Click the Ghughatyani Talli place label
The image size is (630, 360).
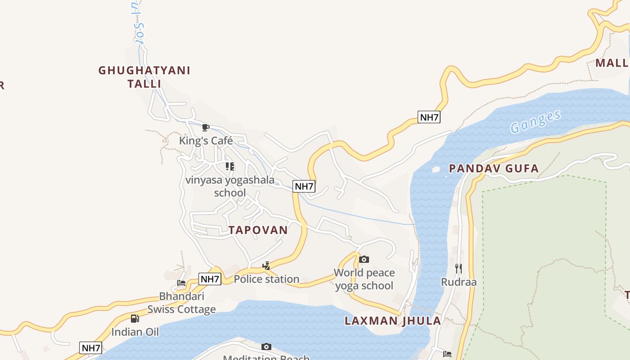pos(144,77)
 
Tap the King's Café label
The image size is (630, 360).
pos(206,140)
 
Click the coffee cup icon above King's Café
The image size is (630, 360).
pos(206,127)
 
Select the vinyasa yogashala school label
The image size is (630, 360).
pos(230,186)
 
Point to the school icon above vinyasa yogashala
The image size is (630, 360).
pos(230,166)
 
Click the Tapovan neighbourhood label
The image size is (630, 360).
pos(258,230)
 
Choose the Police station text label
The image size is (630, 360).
pos(266,279)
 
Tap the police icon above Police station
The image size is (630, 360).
pos(266,266)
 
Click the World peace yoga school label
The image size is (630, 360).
pos(364,279)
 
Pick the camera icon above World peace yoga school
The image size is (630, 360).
pos(364,259)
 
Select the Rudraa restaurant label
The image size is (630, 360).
pos(459,282)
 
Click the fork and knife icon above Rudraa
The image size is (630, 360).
pos(459,269)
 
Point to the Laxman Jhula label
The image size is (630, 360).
pos(393,321)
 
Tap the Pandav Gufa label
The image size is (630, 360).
pos(494,169)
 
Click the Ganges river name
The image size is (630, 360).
pos(535,121)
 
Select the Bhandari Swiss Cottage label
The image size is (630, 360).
pos(182,303)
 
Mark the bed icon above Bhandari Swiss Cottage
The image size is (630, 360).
pos(181,283)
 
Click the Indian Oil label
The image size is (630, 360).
pos(135,332)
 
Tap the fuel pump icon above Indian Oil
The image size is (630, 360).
pos(135,319)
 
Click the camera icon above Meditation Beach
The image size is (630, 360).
pos(266,346)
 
